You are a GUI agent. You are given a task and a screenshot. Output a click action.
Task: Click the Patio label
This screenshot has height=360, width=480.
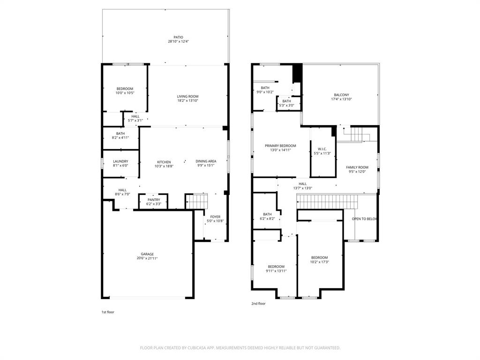pos(178,37)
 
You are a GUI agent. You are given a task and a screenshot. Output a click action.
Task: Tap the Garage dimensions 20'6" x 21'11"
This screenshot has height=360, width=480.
pos(147,258)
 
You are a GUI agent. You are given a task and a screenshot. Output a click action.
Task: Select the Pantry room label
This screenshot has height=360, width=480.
pos(154,200)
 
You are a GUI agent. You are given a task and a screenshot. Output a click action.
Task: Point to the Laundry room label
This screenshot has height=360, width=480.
pos(120,161)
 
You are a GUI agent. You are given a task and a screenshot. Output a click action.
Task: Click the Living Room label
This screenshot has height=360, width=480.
pos(187,97)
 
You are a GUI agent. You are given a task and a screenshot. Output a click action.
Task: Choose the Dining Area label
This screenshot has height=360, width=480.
pos(206,161)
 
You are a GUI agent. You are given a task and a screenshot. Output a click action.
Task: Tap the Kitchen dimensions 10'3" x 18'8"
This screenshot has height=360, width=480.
pos(164,166)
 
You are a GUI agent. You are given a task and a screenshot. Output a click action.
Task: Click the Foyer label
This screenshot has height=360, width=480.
pos(215,217)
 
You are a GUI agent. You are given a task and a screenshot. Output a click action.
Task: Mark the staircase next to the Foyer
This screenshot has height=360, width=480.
pos(197,202)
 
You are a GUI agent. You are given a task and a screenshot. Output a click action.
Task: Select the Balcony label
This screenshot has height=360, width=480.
pos(342,95)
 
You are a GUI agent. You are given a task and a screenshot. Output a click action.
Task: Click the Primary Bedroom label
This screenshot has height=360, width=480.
pos(280,146)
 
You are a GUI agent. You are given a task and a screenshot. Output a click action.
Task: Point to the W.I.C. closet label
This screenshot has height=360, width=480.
pos(322,149)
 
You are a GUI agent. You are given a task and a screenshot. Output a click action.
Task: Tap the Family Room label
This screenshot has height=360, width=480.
pos(357,167)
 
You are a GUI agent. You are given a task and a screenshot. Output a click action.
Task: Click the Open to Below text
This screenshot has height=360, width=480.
pos(364,219)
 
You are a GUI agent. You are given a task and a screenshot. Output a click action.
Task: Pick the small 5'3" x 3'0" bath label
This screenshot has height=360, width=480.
pos(286,105)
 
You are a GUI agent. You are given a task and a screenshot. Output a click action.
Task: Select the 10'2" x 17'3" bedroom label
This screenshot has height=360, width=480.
pos(320,262)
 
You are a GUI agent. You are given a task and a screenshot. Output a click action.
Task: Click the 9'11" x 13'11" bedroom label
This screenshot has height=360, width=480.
pos(276,271)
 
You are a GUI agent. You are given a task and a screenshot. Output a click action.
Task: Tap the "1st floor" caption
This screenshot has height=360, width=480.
pos(108,312)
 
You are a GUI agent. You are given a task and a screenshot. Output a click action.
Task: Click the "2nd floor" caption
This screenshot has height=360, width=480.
pos(258,304)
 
